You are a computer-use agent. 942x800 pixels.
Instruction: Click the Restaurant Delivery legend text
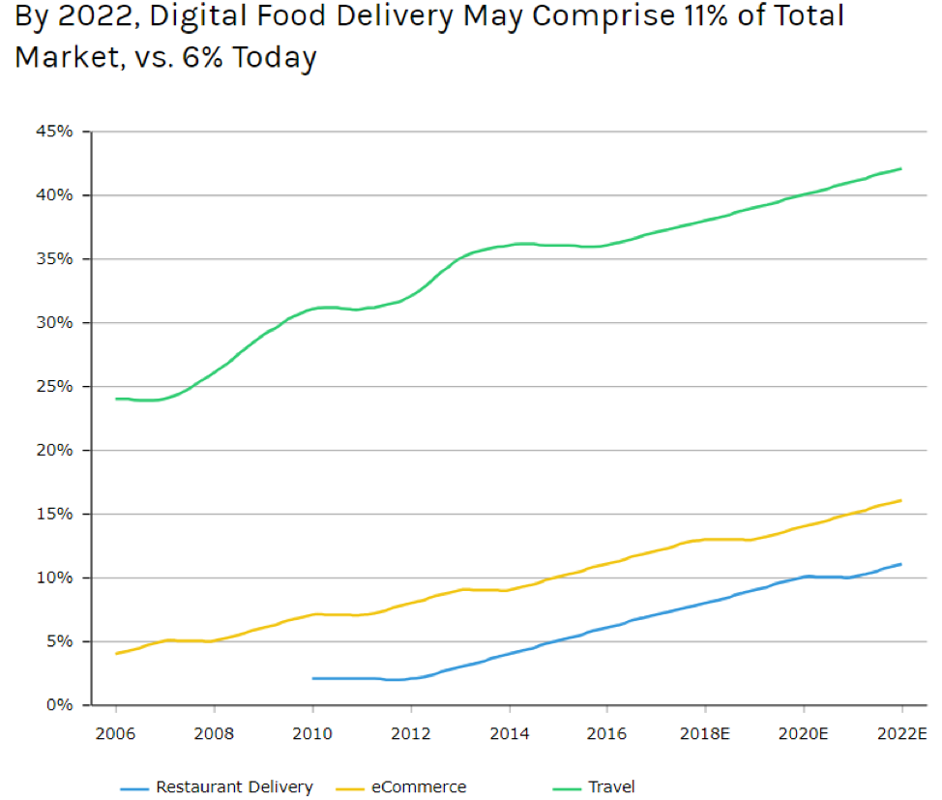coord(234,787)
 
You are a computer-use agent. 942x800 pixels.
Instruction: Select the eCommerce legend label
coord(419,787)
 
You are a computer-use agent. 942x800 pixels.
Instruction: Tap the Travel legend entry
coord(611,787)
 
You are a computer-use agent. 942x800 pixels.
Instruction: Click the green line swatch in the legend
coord(566,788)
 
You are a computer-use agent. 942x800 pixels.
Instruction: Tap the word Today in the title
coord(275,58)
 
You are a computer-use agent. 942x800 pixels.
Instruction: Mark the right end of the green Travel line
coord(901,168)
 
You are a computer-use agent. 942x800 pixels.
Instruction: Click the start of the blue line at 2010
coord(313,678)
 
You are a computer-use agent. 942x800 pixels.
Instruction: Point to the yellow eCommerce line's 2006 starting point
coord(117,654)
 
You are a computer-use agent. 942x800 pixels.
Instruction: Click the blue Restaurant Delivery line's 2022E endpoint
coord(901,564)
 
